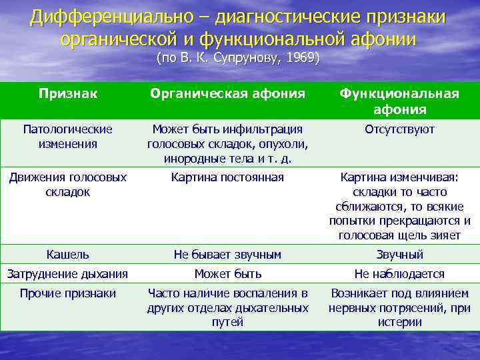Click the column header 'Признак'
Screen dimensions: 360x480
click(x=67, y=94)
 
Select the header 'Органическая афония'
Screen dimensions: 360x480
click(x=227, y=94)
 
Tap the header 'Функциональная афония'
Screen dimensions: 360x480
click(x=399, y=101)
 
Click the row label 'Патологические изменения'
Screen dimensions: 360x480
click(x=67, y=136)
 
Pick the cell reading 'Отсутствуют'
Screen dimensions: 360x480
click(x=399, y=129)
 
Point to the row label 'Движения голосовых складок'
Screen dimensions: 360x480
click(x=67, y=184)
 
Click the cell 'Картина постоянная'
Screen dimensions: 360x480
click(x=227, y=177)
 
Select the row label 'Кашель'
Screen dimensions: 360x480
click(x=67, y=254)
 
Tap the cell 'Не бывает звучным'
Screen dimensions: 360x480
click(x=227, y=254)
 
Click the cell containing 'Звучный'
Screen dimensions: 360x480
click(x=399, y=254)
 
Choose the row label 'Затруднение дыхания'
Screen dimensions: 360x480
click(x=67, y=273)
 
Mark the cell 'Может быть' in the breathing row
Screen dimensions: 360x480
click(x=227, y=273)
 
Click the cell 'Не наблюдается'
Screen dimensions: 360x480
click(x=399, y=273)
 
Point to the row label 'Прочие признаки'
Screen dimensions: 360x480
click(x=67, y=293)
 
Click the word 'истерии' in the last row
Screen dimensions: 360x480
click(x=399, y=322)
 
